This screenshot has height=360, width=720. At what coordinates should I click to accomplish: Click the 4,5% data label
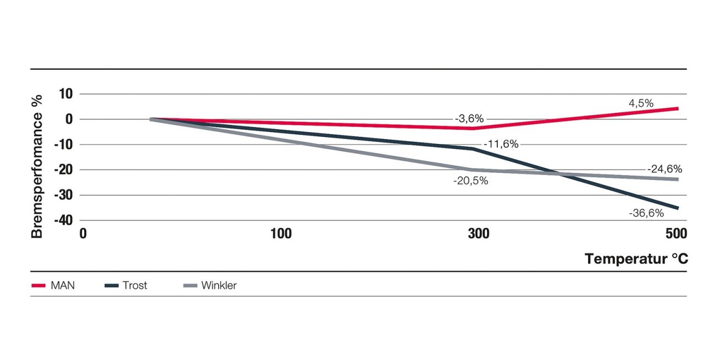641,103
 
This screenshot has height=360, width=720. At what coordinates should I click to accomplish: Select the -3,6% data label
470,119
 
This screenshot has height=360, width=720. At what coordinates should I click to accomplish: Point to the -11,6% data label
501,145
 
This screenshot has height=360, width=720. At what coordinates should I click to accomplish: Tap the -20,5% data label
471,181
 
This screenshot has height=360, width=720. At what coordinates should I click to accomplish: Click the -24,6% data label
665,169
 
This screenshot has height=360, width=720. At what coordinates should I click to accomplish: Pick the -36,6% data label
646,213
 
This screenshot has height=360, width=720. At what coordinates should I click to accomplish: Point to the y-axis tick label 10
66,94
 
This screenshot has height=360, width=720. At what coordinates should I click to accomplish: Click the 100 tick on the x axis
281,234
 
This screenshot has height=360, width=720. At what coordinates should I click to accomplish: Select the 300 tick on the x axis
479,234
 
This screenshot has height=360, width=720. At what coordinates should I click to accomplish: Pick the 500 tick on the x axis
676,234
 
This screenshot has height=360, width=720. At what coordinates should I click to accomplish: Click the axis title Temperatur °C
636,259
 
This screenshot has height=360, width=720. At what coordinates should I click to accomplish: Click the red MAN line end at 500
678,108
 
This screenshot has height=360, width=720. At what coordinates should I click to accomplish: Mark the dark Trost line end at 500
678,208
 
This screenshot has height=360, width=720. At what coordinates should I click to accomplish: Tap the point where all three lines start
151,119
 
